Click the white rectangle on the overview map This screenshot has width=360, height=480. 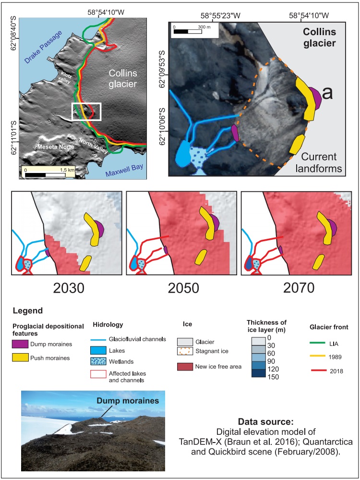pyautogui.click(x=86, y=111)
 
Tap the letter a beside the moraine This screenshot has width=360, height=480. pyautogui.click(x=327, y=94)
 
